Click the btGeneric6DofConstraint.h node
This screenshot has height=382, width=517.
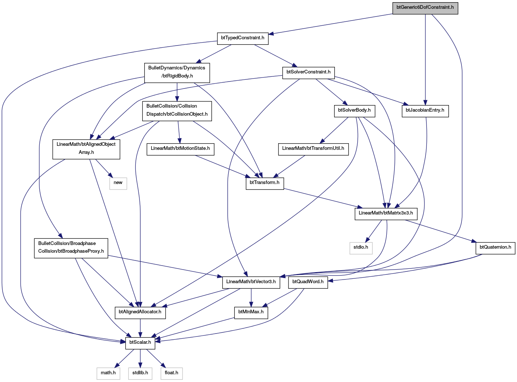(425, 8)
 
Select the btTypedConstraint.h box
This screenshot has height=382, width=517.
(242, 39)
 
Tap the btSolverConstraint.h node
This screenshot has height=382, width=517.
(308, 73)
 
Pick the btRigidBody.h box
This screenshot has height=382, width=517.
(177, 73)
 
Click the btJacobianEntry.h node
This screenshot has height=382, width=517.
(425, 111)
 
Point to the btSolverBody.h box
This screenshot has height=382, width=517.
(354, 111)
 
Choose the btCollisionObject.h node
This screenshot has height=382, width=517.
(177, 111)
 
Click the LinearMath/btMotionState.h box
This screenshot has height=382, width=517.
(180, 149)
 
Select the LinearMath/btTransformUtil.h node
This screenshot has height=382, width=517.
(313, 149)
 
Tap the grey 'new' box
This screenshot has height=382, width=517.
(118, 183)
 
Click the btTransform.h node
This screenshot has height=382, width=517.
(265, 183)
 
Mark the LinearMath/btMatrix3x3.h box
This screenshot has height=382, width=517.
(386, 214)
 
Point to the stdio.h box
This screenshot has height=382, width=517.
(361, 248)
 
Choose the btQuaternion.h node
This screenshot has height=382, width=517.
(495, 248)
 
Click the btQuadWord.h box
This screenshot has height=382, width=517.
(308, 282)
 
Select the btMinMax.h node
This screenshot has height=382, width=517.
(251, 313)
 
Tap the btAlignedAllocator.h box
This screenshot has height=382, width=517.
(140, 313)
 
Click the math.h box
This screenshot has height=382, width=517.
(109, 374)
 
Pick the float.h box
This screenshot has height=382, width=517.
(171, 374)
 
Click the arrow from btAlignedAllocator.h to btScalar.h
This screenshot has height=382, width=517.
(140, 328)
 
